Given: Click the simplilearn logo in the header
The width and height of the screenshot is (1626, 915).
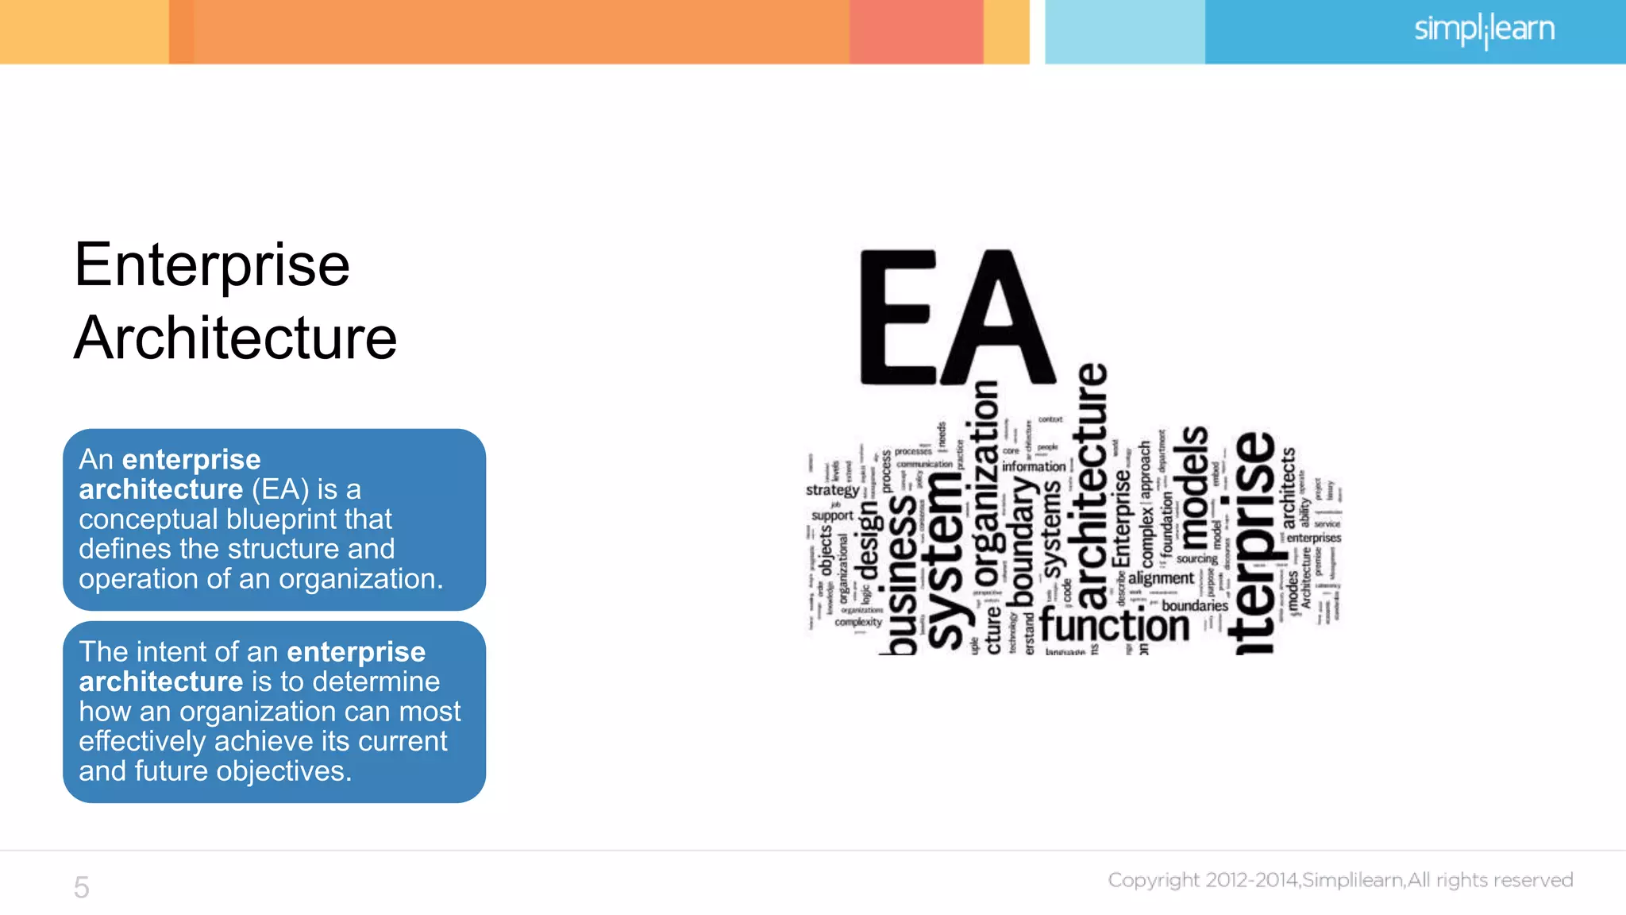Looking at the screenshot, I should [x=1483, y=30].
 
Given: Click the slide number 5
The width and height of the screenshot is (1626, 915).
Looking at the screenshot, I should [x=81, y=887].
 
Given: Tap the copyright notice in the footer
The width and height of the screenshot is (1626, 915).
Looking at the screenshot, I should [x=1340, y=880].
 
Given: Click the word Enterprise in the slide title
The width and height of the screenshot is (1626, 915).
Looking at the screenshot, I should [x=212, y=266].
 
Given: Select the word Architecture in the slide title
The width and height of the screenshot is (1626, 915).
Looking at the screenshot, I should [x=235, y=338].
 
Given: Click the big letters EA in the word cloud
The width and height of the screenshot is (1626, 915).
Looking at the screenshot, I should [x=956, y=318].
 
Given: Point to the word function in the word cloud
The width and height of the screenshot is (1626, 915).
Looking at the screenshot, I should [x=1114, y=625].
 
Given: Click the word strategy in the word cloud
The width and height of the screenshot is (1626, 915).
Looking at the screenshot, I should [x=831, y=489].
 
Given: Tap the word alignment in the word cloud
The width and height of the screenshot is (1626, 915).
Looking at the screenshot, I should [x=1161, y=578].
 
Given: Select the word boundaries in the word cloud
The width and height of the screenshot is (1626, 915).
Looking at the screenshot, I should [x=1194, y=606].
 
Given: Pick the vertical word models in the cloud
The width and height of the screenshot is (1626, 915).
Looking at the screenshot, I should [x=1194, y=488].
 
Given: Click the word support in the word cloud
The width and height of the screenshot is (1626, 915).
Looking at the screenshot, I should [x=831, y=515].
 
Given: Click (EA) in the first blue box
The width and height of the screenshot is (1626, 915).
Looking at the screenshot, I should [x=280, y=489].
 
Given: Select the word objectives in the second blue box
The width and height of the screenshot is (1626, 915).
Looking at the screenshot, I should [x=283, y=771].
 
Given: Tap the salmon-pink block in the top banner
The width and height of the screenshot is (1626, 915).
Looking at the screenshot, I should [x=915, y=32].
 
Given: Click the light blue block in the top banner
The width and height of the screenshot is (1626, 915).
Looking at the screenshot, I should [x=1124, y=32].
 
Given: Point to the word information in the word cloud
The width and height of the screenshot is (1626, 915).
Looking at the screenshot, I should [x=1033, y=467].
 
